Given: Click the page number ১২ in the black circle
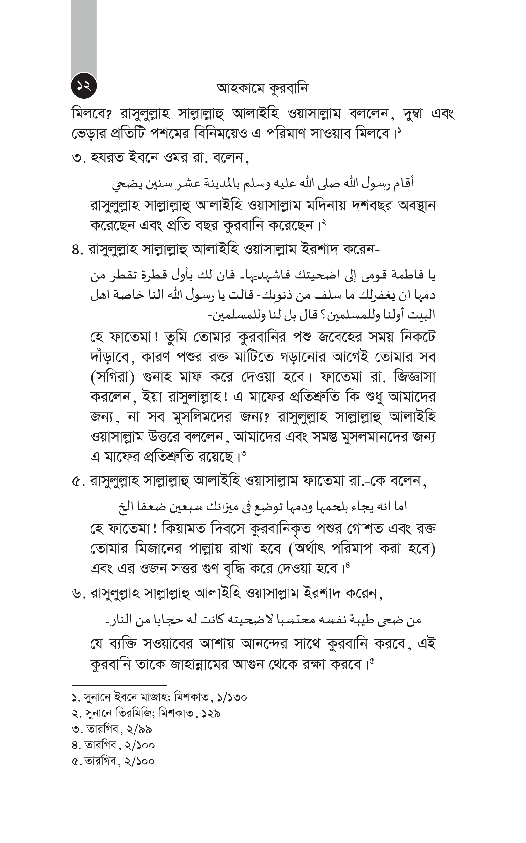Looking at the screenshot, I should pyautogui.click(x=84, y=86).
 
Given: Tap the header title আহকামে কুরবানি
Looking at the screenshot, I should pyautogui.click(x=262, y=89).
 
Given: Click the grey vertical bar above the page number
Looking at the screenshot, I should pyautogui.click(x=84, y=38).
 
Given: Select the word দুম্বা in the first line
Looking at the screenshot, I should pyautogui.click(x=412, y=114).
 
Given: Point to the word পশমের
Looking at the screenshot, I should pyautogui.click(x=169, y=134).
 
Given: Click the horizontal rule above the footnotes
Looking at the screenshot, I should pyautogui.click(x=119, y=685).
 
